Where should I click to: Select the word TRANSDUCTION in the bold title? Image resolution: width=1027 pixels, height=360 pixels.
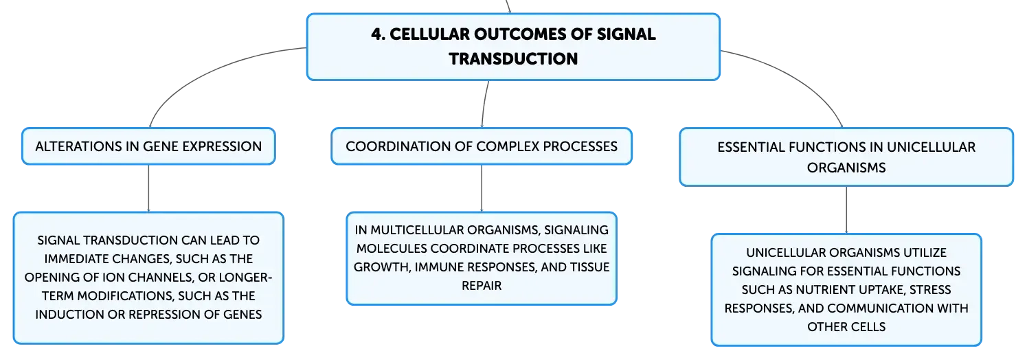(x=513, y=58)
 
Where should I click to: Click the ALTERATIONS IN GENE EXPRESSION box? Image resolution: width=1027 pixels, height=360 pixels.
(x=148, y=146)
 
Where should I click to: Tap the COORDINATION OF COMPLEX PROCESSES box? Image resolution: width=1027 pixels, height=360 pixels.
(x=482, y=146)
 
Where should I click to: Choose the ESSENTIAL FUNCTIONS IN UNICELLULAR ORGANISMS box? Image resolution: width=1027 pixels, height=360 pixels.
(x=846, y=157)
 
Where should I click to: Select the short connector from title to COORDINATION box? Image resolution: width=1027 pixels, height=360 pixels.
(x=484, y=104)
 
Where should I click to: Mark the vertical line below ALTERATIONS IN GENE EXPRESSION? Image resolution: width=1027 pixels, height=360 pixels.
(x=148, y=188)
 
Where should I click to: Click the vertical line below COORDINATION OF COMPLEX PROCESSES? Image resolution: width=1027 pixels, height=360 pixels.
(x=482, y=188)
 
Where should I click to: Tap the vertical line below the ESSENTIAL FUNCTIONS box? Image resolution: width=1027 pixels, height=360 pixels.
(x=846, y=210)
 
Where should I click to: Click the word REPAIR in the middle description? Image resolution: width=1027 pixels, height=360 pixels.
(x=482, y=286)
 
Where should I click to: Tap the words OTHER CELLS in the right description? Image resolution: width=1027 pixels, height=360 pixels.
(x=846, y=327)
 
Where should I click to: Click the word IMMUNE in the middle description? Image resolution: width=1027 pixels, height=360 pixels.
(x=436, y=267)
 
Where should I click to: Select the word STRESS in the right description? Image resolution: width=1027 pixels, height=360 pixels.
(x=930, y=290)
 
